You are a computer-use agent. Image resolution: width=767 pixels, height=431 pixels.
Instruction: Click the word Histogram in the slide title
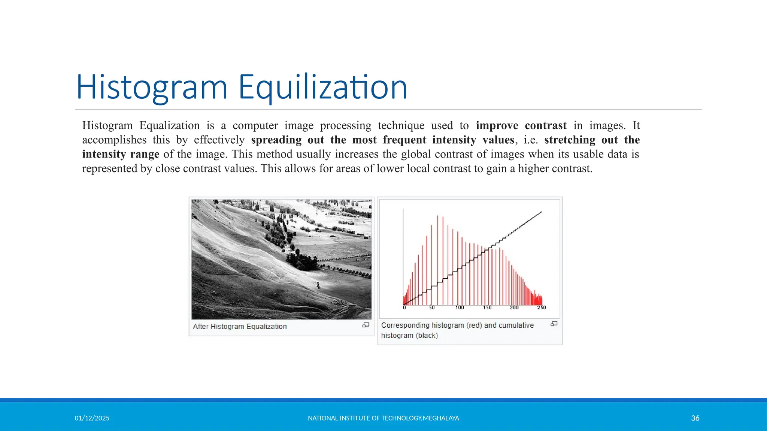coord(152,87)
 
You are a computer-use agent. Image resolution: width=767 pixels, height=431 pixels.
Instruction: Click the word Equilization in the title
coord(322,87)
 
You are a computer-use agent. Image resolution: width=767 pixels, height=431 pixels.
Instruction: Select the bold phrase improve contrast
coord(521,125)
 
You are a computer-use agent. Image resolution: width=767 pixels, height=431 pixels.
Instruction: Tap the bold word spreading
coord(276,140)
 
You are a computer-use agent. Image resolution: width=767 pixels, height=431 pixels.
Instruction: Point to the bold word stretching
coord(569,140)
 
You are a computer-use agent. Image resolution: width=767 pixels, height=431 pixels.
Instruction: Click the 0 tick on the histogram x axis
coord(404,308)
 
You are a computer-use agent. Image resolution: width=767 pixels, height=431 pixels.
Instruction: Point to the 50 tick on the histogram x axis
coord(432,308)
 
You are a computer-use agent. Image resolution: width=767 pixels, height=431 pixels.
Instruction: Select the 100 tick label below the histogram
coord(460,308)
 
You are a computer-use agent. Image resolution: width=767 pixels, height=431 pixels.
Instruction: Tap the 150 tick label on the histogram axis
coord(487,308)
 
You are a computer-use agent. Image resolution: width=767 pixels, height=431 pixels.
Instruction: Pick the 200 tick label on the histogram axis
coord(514,308)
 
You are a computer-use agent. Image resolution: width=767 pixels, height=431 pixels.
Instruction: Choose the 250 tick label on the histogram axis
coord(542,308)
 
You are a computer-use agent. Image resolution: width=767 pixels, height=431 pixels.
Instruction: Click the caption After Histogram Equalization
coord(240,327)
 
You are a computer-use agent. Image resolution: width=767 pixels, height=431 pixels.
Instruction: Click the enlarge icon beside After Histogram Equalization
coord(366,325)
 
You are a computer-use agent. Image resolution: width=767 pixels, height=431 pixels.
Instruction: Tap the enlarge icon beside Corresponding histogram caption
coord(554,324)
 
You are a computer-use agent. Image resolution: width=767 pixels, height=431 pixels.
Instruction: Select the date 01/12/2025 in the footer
coord(92,418)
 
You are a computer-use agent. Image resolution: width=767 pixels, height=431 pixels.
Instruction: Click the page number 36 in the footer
coord(695,418)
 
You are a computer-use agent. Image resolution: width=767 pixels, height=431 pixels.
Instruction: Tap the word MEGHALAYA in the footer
coord(441,418)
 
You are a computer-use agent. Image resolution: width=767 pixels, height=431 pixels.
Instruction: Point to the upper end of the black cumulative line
coord(541,212)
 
